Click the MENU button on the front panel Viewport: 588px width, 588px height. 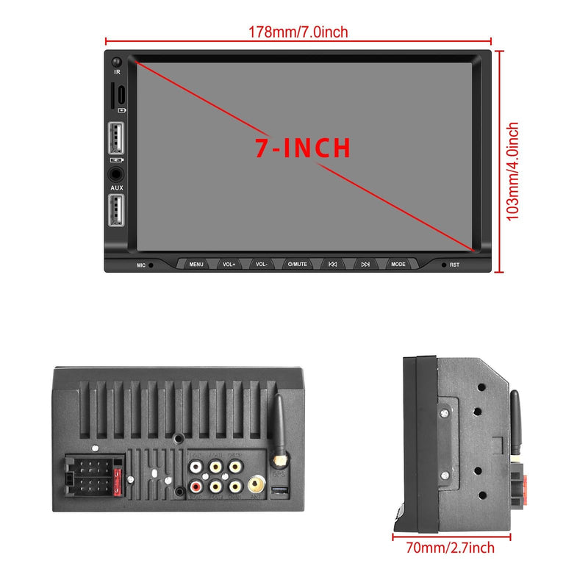(x=196, y=264)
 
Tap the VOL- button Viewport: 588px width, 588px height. (x=262, y=264)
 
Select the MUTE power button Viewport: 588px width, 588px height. (x=298, y=264)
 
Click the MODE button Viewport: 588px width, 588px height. (x=398, y=264)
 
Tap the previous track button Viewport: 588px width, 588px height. (x=332, y=264)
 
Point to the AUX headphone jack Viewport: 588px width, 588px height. (x=117, y=175)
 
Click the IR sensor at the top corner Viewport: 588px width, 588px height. (x=117, y=62)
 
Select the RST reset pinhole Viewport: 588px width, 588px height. (x=443, y=265)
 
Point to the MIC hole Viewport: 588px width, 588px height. (x=151, y=265)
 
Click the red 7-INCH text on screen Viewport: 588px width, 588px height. (x=303, y=148)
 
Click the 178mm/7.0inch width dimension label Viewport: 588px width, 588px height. (x=298, y=32)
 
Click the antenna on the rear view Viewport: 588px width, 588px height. (x=279, y=426)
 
